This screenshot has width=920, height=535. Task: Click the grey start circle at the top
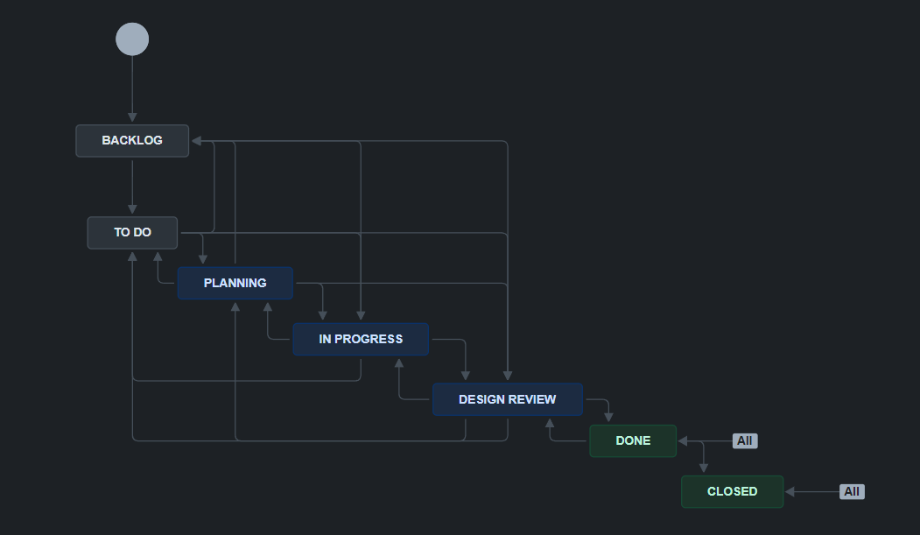pos(132,39)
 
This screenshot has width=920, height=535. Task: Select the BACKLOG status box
pos(132,141)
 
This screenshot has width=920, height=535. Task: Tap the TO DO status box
pos(132,232)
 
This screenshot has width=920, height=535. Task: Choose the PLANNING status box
pos(235,284)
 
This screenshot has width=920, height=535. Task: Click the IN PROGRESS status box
pos(361,339)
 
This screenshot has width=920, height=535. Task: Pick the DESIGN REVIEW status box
pos(508,399)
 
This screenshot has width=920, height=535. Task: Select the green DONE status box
pos(633,440)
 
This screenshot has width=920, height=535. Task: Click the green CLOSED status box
pos(733,491)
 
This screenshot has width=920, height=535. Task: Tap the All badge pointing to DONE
pos(745,440)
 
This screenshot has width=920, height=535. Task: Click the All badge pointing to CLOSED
pos(852,491)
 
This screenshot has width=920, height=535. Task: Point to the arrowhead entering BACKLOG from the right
pos(197,141)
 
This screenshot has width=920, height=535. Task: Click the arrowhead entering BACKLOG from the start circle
pos(132,117)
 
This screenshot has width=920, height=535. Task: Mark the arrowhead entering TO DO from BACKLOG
pos(132,209)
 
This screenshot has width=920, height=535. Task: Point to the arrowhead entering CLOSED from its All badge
pos(790,491)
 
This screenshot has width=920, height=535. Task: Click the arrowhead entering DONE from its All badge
pos(683,440)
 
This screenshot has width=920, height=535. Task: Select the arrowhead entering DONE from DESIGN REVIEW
pos(608,417)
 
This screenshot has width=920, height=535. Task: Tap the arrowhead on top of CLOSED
pos(704,468)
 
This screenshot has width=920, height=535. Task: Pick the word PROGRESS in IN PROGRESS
pos(369,339)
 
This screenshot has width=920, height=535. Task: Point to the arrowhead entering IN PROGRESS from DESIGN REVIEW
pos(399,363)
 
